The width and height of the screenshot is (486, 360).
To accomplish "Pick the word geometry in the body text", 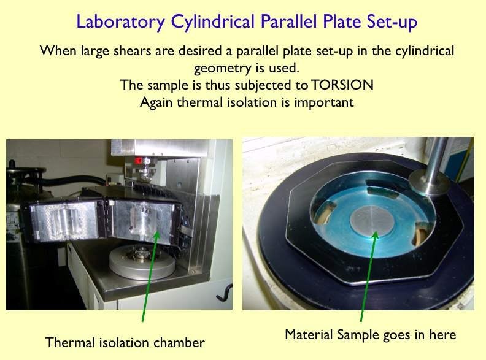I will point(218,67).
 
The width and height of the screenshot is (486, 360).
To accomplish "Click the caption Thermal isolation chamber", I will point(125,342).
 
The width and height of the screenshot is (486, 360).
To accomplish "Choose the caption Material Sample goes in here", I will point(370,335).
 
